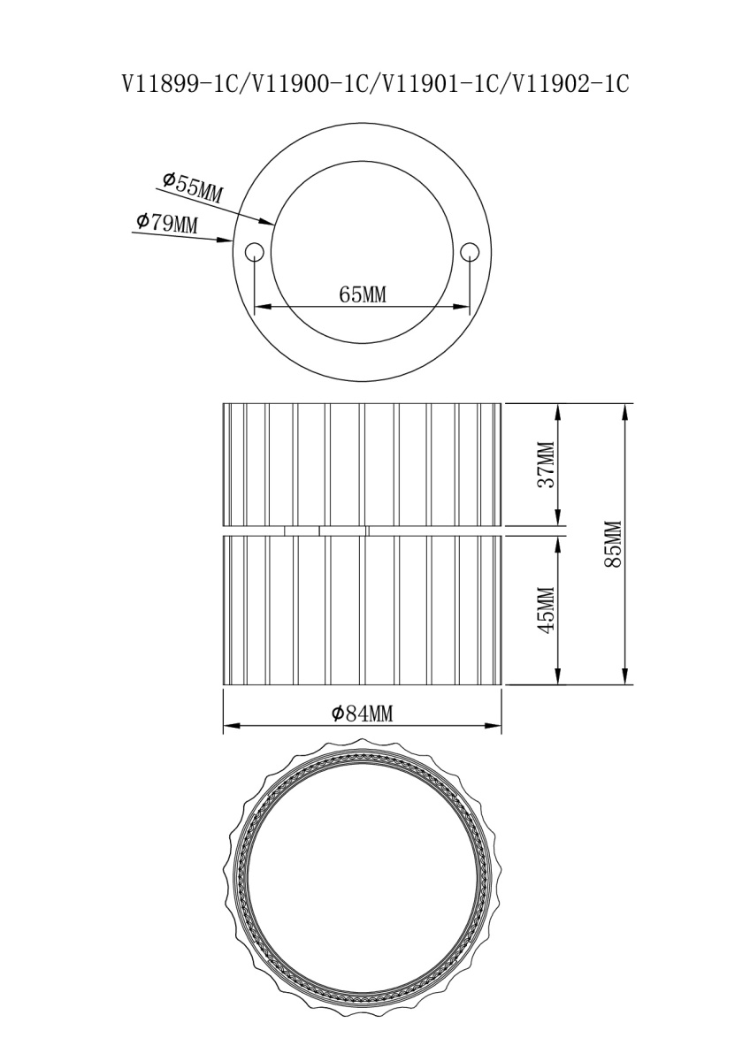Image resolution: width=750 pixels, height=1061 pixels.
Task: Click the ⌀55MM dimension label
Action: point(192,187)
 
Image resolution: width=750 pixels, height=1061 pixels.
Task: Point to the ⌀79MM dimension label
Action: point(167,223)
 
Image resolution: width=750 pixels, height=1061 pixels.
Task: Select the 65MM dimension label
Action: point(363,295)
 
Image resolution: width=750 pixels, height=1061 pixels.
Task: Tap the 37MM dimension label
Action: point(547,465)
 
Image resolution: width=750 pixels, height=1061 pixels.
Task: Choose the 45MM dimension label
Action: point(547,610)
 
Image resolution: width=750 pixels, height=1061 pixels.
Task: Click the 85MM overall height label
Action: point(613,544)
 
